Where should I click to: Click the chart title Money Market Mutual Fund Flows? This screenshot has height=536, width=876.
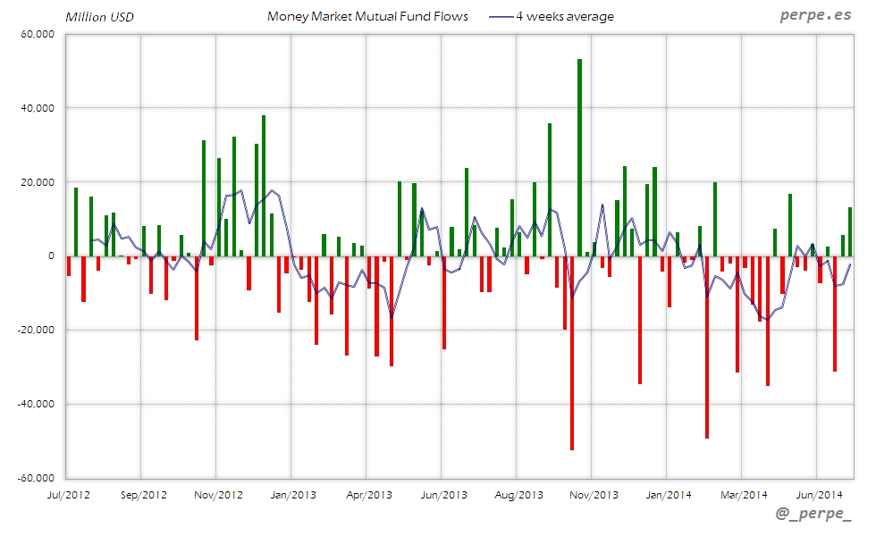[x=367, y=16]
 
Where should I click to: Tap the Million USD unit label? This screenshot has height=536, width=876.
[x=99, y=16]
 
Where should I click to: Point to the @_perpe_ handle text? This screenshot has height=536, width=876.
[x=814, y=515]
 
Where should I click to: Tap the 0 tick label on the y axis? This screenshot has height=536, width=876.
[x=51, y=255]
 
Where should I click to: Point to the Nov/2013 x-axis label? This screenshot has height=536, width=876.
[x=594, y=493]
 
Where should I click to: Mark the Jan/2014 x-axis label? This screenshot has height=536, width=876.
[x=668, y=493]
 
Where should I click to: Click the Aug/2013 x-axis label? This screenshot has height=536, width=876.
[x=518, y=493]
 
